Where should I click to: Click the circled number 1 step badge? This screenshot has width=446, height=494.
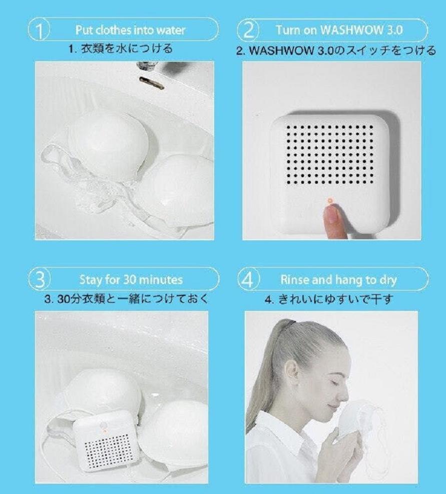click(x=39, y=30)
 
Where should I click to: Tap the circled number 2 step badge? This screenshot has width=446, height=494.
click(x=249, y=30)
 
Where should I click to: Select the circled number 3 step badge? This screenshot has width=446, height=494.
click(x=40, y=280)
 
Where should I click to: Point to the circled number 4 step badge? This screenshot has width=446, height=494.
click(x=249, y=279)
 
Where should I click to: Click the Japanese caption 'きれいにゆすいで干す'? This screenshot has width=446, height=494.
click(x=335, y=299)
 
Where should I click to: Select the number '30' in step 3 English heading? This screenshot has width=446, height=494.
click(x=129, y=280)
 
